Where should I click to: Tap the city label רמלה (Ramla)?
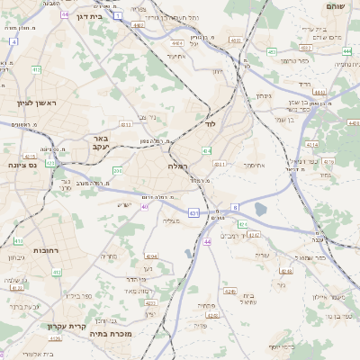pos(176,166)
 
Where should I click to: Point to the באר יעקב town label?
pos(100,142)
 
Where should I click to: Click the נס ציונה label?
pos(21,165)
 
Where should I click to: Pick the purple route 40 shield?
pos(144,206)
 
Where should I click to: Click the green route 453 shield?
pos(272,52)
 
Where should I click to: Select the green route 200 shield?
pos(118,169)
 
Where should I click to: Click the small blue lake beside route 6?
pos(260,209)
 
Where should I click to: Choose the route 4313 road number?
pos(126,125)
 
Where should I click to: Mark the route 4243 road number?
pos(254,235)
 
